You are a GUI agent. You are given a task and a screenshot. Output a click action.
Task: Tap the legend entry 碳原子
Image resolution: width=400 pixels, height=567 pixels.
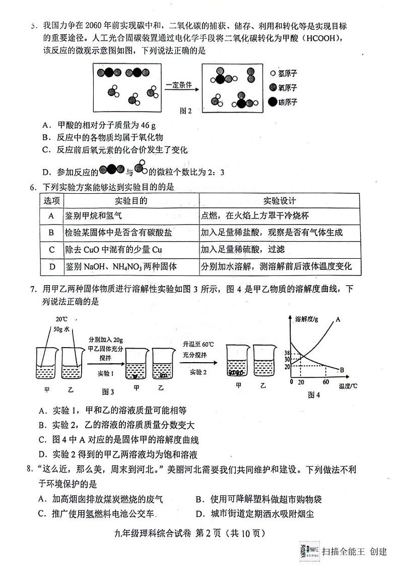(x=287, y=102)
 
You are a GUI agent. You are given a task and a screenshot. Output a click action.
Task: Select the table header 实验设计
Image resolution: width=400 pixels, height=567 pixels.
(x=280, y=201)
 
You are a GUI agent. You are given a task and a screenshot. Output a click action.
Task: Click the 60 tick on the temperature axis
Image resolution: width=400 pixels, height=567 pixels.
(x=326, y=382)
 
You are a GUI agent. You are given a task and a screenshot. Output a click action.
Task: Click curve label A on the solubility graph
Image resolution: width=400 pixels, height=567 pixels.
(x=338, y=319)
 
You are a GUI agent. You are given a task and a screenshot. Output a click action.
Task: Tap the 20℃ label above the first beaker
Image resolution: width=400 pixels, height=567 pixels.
(x=61, y=319)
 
